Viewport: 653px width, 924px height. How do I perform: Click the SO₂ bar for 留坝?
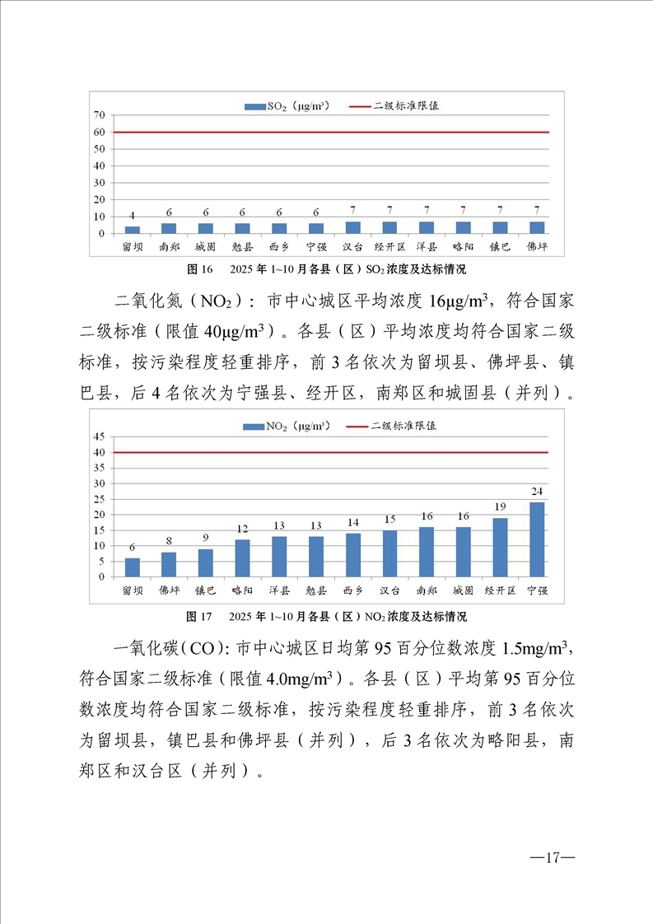click(x=133, y=230)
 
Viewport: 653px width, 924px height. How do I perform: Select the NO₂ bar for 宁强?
click(x=536, y=539)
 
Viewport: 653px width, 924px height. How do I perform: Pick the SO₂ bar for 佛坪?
click(x=537, y=227)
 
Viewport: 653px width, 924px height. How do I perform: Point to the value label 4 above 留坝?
click(x=133, y=217)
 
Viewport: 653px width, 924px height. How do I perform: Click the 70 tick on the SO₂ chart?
click(x=98, y=114)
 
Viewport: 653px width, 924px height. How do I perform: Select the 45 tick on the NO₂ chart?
click(x=98, y=436)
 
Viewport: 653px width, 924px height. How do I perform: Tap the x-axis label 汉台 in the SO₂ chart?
click(x=352, y=246)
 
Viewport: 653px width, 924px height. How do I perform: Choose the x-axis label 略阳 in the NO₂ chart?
click(x=242, y=590)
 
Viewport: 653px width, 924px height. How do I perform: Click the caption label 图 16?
click(x=200, y=268)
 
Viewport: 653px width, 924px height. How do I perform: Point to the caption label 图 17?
click(x=200, y=616)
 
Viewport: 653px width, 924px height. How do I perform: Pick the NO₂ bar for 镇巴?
click(x=206, y=562)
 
